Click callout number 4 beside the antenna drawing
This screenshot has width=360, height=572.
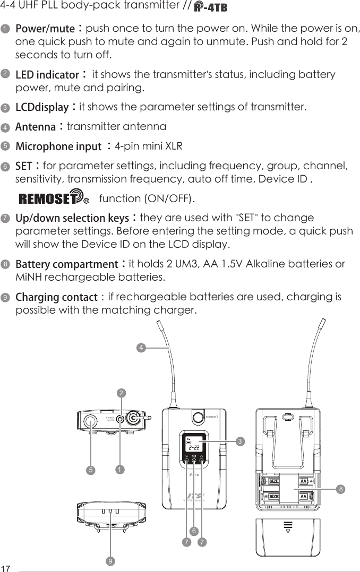[x=141, y=348]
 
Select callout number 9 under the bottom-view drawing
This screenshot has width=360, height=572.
[x=109, y=560]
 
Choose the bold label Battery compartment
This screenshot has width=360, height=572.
[x=66, y=264]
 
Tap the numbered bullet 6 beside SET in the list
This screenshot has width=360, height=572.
[x=5, y=167]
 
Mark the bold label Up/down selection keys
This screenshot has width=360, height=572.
[x=73, y=219]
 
